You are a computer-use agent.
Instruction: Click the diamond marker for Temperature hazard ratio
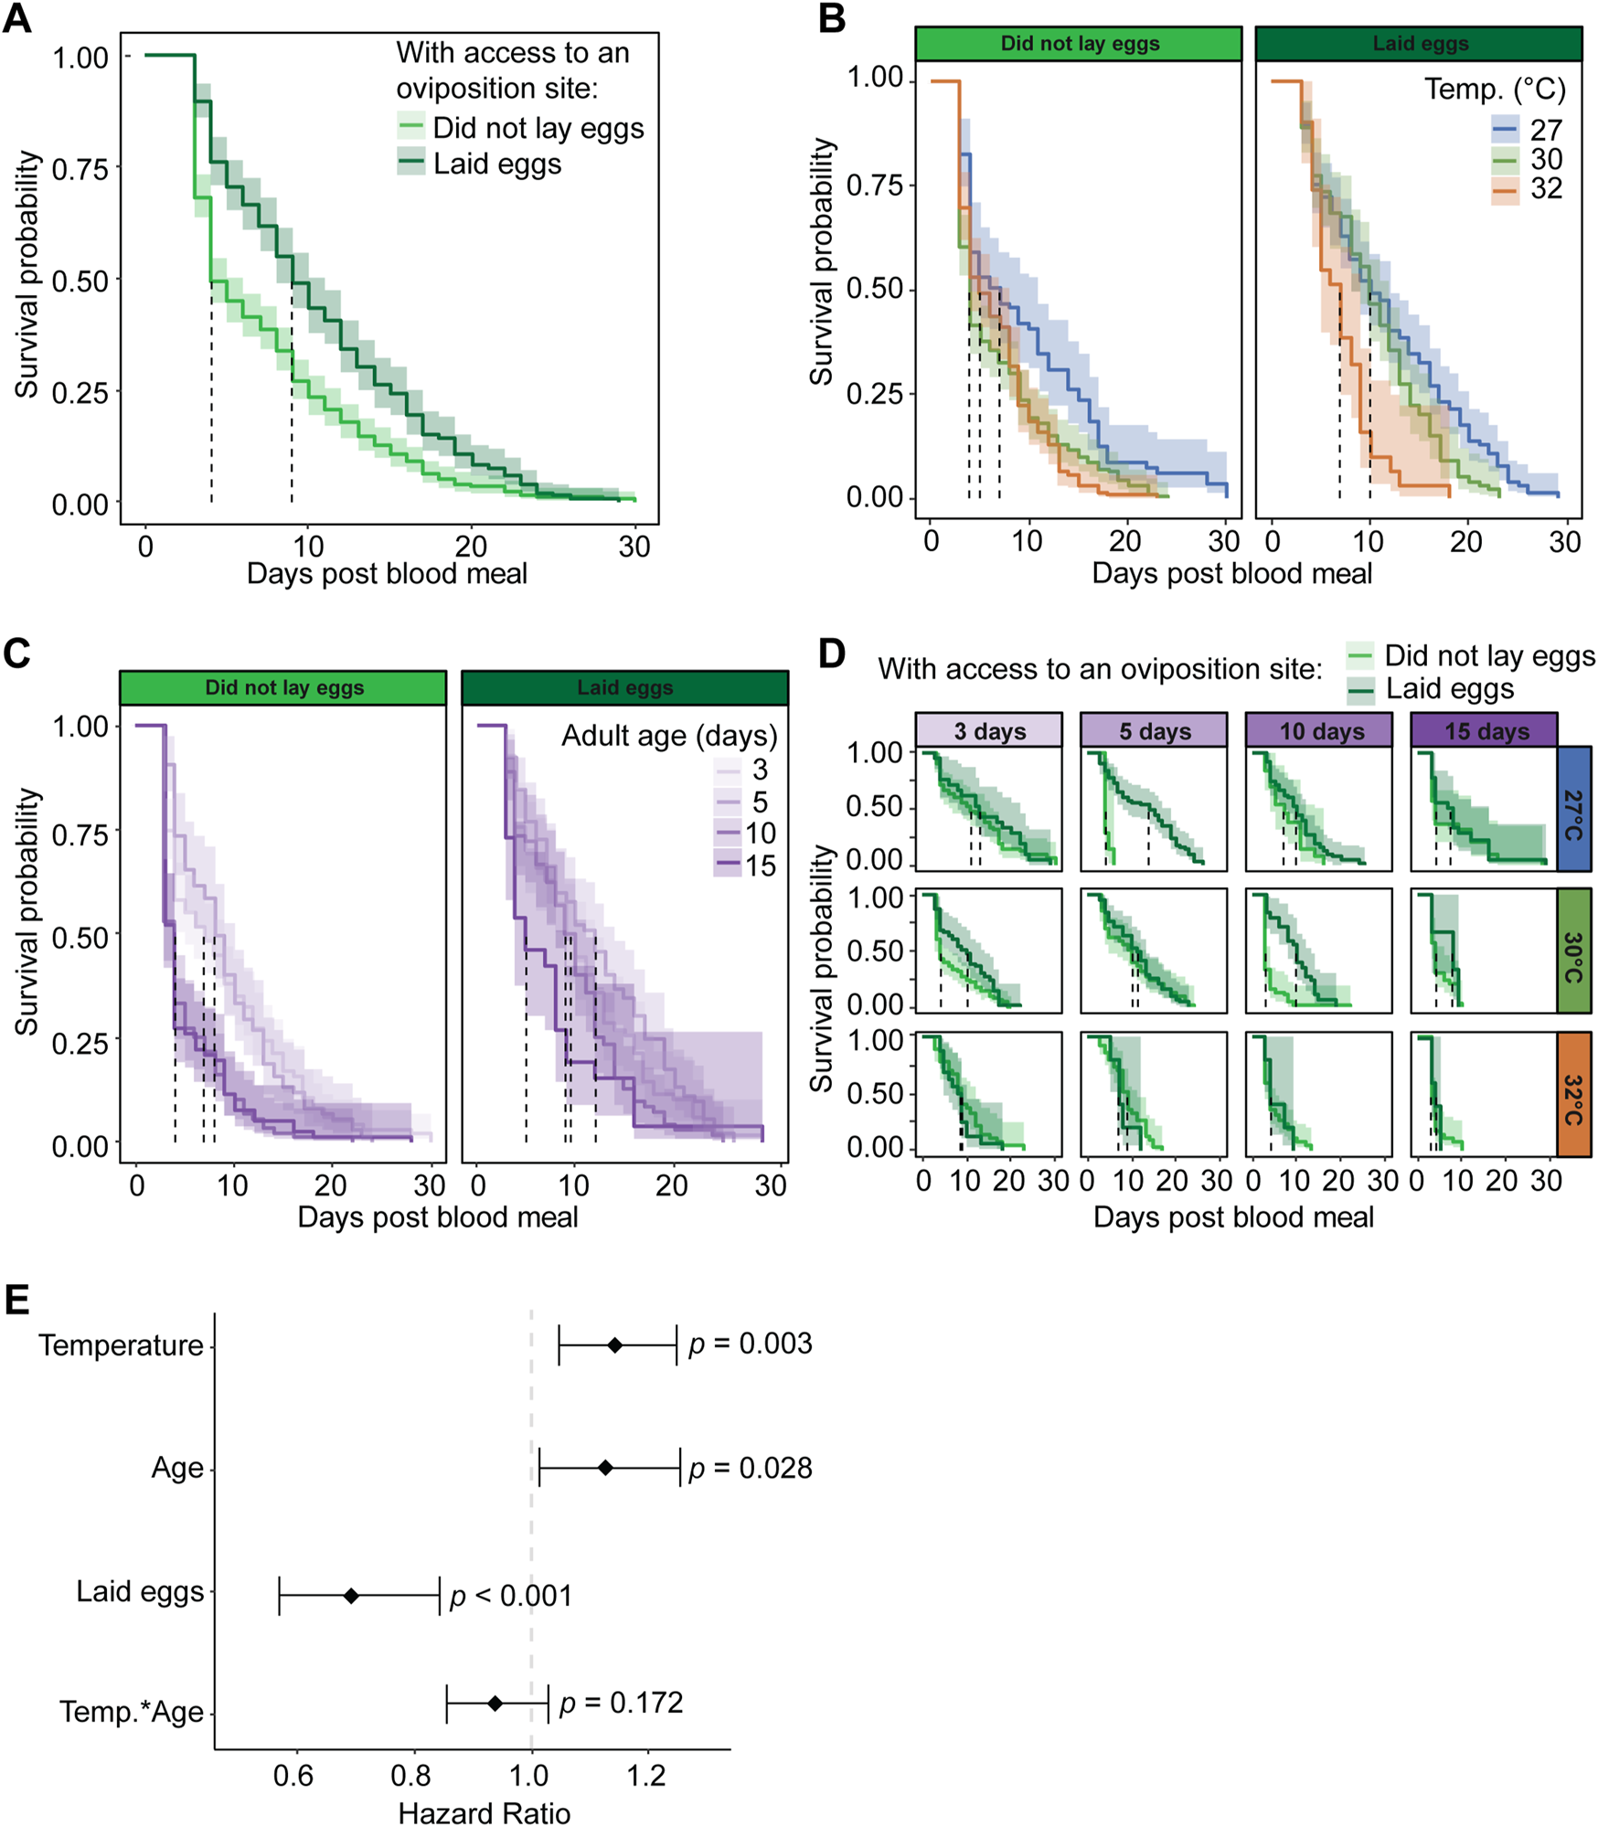coord(615,1345)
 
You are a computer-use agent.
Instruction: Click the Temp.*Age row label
coord(132,1711)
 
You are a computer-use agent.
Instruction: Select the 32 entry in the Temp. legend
coord(1545,189)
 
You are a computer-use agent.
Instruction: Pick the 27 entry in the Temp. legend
coord(1545,130)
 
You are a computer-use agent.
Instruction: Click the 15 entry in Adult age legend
coord(759,865)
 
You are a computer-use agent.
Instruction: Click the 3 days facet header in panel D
coord(989,731)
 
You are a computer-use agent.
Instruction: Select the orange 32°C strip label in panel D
coord(1573,1094)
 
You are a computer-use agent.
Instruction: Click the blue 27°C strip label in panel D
coord(1573,809)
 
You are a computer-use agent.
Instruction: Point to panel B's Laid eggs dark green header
coord(1419,44)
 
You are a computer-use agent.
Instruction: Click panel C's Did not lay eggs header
coord(283,687)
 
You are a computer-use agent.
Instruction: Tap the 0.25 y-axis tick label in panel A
coord(80,393)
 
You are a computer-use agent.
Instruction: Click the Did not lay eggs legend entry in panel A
coord(538,128)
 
